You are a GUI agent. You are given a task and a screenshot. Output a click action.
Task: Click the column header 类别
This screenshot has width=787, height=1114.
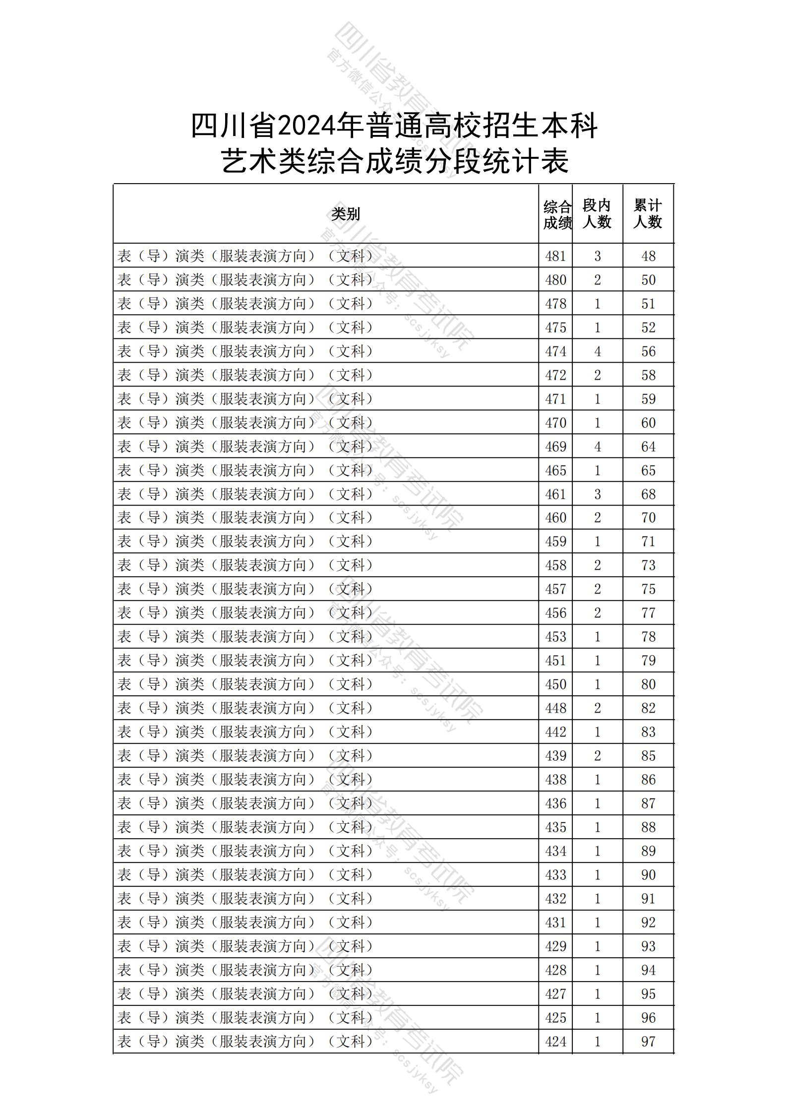click(346, 214)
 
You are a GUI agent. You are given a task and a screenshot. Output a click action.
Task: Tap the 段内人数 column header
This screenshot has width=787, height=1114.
click(597, 214)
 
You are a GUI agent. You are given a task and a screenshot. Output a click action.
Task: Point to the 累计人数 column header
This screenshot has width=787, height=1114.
click(648, 214)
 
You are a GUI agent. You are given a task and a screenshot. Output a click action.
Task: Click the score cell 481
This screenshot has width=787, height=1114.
click(555, 256)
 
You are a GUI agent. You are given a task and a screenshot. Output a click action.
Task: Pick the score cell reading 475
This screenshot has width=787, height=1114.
click(555, 328)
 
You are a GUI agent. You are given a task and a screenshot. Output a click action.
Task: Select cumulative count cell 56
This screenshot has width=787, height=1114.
click(648, 351)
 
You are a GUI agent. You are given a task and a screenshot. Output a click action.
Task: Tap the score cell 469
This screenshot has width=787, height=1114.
click(555, 447)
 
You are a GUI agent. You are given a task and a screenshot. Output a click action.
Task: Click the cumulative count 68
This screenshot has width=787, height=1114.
click(648, 494)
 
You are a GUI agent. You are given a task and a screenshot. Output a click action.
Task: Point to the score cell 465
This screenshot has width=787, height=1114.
click(555, 470)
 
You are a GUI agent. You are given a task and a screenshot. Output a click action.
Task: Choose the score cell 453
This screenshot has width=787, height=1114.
click(555, 637)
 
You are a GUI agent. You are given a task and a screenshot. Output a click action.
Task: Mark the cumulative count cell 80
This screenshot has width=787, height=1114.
click(648, 684)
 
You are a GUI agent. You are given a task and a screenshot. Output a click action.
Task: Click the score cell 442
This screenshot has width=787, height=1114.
click(555, 732)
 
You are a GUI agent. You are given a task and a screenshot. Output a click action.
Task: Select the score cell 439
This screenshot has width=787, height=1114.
click(555, 756)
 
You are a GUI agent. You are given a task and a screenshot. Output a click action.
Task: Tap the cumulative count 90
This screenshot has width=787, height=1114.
click(648, 875)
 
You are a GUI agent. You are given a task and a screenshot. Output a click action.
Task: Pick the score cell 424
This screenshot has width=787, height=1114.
click(555, 1042)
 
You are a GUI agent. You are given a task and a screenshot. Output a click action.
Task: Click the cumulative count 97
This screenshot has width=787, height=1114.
click(648, 1042)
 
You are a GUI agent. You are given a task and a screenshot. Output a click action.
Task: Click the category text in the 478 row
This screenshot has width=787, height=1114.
click(245, 304)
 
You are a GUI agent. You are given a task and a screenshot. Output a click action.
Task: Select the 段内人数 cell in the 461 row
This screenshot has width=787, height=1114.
click(597, 494)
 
